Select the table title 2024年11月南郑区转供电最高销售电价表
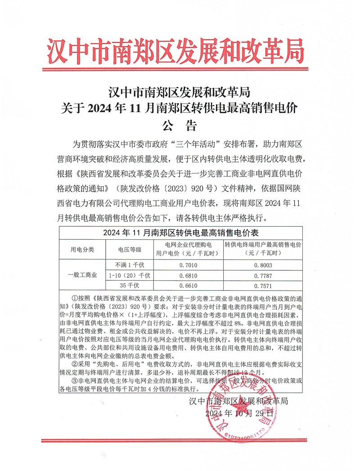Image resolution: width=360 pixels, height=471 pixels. tap(180, 233)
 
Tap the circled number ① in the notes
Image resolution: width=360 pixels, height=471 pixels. tap(75, 298)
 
